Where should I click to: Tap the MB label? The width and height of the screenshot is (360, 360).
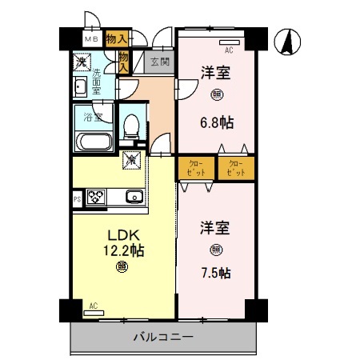coord(91,38)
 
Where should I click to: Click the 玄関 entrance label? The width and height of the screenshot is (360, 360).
coord(159,62)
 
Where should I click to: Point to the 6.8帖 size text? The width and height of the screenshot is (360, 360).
coord(215,124)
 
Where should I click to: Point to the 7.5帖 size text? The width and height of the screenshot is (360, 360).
coord(215,273)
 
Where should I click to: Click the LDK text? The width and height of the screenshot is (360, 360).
coord(123,235)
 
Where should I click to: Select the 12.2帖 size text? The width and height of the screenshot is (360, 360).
coord(123,250)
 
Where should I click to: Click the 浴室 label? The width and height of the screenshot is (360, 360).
coord(94,118)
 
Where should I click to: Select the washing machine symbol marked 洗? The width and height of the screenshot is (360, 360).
coord(82,60)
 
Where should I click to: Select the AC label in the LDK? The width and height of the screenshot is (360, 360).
coord(94,305)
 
